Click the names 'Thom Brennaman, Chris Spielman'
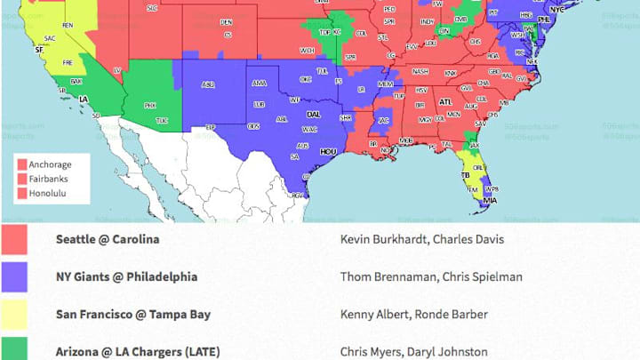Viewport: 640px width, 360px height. [x=431, y=276]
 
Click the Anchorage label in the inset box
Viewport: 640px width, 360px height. [x=50, y=165]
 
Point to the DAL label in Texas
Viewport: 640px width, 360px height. [x=314, y=115]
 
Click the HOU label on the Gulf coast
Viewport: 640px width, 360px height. [x=328, y=152]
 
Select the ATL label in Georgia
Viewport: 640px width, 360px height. [x=445, y=102]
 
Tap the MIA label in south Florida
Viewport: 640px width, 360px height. [x=489, y=201]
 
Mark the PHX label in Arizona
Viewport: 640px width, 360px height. [x=149, y=105]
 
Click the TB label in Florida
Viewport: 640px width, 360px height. [x=464, y=176]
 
